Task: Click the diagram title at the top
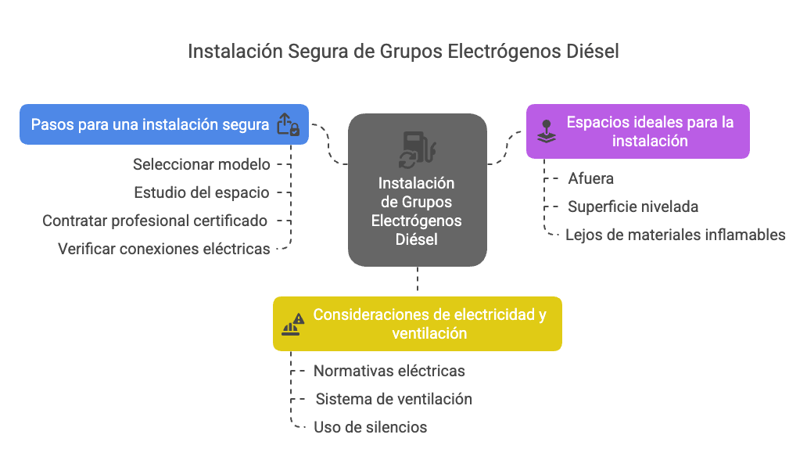pos(403,52)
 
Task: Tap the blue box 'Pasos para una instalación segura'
pos(164,124)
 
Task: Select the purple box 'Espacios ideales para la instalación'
pos(637,131)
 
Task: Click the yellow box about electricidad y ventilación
pos(418,324)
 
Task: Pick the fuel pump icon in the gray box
pos(418,149)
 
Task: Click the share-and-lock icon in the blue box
pos(288,124)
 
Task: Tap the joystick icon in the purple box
pos(547,131)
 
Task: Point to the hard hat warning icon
pos(292,325)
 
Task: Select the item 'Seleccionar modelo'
pos(201,164)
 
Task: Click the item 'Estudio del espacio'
pos(201,192)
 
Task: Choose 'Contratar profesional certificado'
pos(154,221)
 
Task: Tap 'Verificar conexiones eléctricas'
pos(163,249)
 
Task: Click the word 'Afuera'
pos(591,178)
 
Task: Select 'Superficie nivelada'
pos(633,207)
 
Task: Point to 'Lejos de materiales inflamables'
pos(676,235)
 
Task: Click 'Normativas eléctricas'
pos(389,371)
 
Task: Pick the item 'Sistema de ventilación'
pos(393,399)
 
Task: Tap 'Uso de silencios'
pos(370,427)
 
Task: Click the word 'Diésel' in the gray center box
pos(416,239)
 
